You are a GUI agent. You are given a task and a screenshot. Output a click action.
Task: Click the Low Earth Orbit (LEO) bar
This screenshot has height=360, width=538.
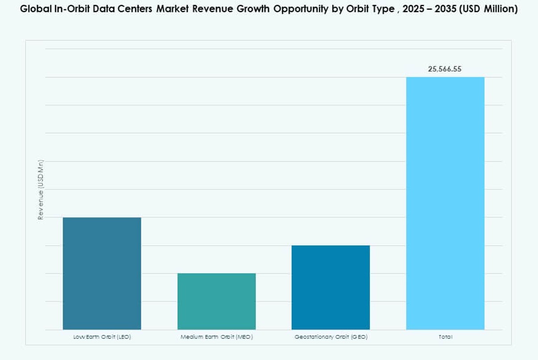click(x=102, y=273)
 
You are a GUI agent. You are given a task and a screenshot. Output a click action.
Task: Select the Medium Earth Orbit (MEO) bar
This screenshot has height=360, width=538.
click(x=217, y=302)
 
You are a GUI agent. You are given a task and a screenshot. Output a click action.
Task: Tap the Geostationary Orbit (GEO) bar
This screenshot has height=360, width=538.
click(x=330, y=287)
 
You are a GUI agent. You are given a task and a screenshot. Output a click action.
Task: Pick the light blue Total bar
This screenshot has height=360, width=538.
click(x=445, y=203)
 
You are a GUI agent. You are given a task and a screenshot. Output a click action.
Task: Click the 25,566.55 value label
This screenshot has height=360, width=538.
click(x=445, y=69)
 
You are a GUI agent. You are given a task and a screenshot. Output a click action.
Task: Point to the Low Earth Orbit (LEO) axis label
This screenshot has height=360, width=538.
click(x=102, y=337)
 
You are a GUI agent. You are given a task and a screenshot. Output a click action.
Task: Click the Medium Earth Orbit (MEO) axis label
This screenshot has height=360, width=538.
click(x=217, y=337)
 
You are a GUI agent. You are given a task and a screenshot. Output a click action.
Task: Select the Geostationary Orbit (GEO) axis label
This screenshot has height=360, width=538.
click(x=331, y=337)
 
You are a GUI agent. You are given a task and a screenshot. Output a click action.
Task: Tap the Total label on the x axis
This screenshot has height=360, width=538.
click(x=445, y=337)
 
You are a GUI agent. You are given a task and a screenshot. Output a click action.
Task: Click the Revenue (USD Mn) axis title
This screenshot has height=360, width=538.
click(x=41, y=190)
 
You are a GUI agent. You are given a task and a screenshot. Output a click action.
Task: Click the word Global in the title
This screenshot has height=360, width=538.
click(x=34, y=9)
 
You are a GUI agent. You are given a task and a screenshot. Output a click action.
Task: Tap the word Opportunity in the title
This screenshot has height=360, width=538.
click(x=295, y=9)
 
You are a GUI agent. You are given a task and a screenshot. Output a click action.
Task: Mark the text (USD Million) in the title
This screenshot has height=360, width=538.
click(x=490, y=9)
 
